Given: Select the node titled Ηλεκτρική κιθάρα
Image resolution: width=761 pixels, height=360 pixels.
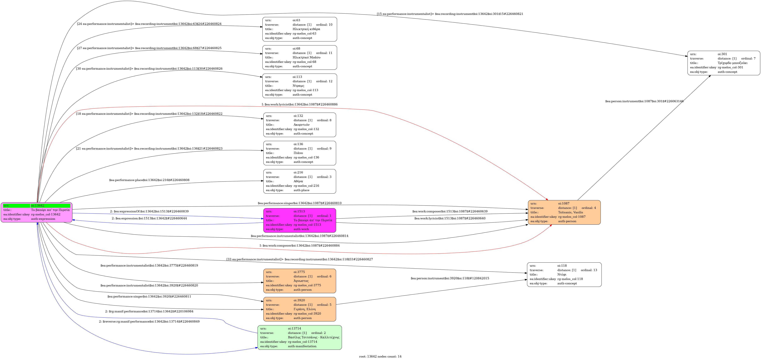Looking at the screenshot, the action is coord(300,29).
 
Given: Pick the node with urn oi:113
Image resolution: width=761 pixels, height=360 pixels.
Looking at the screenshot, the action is coord(300,86).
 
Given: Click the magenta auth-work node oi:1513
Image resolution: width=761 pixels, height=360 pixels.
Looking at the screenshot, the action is coord(300,220).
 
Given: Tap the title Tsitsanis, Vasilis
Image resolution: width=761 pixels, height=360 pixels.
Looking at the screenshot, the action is coord(570,212).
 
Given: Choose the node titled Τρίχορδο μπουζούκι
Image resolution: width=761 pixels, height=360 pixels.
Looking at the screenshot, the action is coord(724,63).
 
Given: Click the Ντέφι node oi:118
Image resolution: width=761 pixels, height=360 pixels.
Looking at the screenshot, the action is coord(564,275).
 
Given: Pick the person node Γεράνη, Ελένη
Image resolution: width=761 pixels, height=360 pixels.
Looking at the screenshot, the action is coord(300,309).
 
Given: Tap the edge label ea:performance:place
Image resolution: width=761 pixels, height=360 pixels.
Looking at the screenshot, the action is coord(149,180).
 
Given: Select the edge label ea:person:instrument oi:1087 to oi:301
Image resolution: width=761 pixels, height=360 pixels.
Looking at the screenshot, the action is coord(644,101).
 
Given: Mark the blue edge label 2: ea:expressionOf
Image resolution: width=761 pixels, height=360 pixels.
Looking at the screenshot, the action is coord(149,211).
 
